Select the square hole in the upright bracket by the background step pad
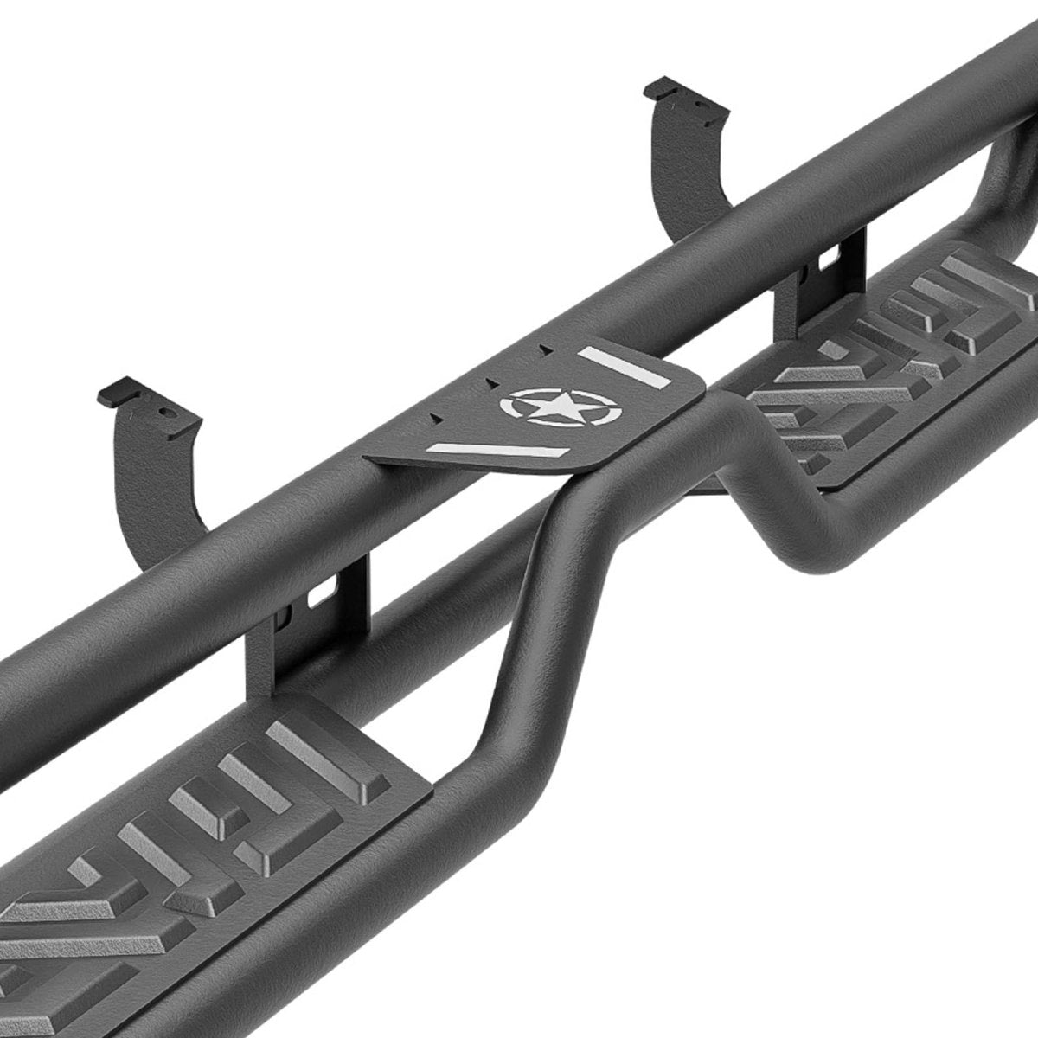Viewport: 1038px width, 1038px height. click(x=826, y=258)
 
